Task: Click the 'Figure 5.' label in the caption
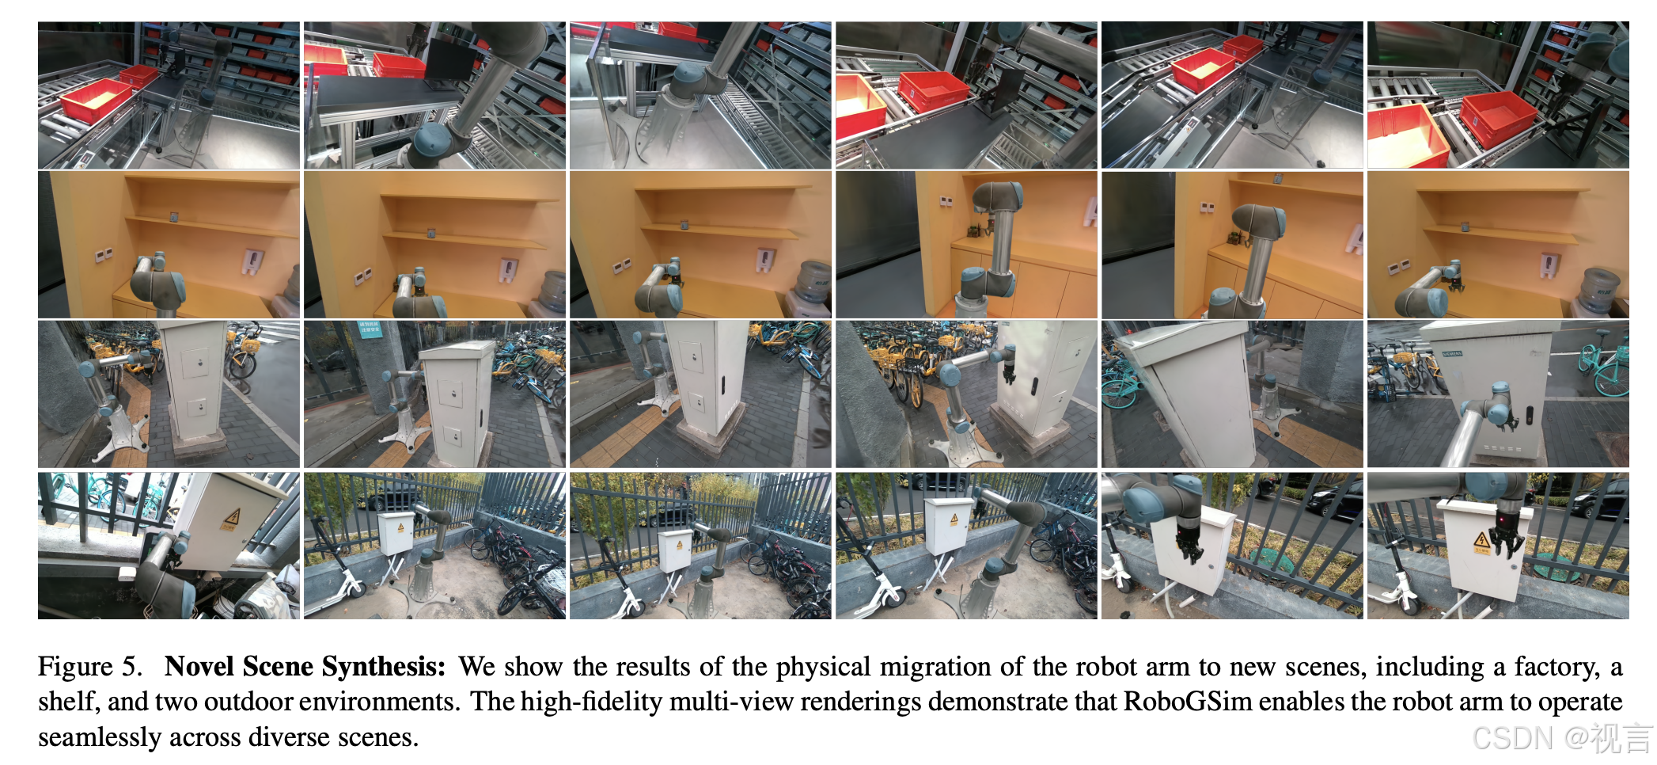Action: point(89,667)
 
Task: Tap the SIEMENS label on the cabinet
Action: point(1452,354)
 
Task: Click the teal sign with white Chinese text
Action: point(370,329)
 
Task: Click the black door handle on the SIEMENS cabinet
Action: point(1530,416)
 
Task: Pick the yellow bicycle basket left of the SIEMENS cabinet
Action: point(1405,359)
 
